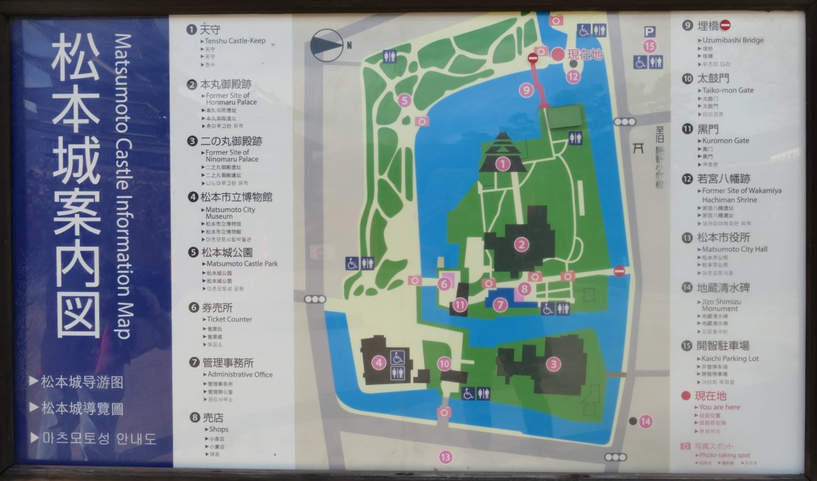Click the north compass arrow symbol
327,45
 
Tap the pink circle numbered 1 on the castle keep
502,165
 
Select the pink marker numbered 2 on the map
521,244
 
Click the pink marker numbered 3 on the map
553,364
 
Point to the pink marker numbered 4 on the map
378,362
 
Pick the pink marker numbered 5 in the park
403,100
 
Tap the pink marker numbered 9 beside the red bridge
527,90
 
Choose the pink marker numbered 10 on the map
444,363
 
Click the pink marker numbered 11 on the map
461,306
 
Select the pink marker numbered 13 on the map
446,457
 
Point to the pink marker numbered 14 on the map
646,421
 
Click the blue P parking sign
650,31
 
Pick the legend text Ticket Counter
230,319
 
